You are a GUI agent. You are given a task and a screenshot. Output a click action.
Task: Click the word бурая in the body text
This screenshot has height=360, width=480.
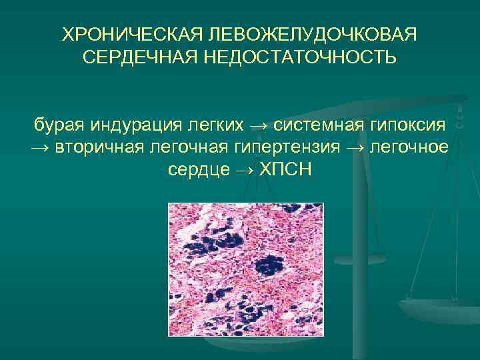click(x=58, y=124)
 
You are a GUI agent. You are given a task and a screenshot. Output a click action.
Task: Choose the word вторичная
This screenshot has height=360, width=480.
click(x=96, y=147)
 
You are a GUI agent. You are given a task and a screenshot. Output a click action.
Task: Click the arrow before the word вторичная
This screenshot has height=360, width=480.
click(x=41, y=147)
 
